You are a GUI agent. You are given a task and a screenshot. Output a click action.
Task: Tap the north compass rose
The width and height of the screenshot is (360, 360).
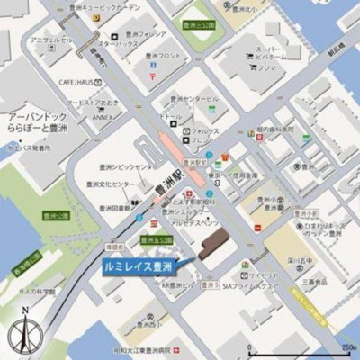coord(24,336)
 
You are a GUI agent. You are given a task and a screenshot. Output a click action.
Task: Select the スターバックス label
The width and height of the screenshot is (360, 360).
coord(118,43)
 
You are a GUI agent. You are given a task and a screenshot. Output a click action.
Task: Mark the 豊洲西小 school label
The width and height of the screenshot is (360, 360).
coord(147,326)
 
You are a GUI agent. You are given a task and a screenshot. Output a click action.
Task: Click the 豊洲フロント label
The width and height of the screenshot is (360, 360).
coord(168,57)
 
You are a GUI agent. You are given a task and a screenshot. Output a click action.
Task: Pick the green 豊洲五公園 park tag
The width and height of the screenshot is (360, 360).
coord(157,239)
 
